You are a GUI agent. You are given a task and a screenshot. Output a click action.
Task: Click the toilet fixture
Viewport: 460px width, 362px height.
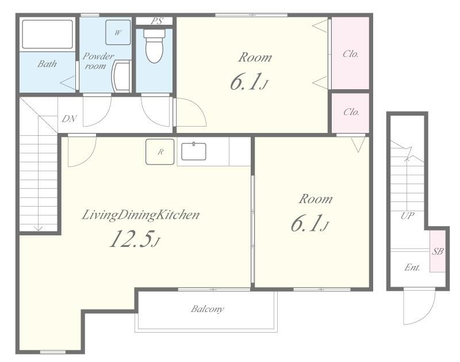pos(154,45)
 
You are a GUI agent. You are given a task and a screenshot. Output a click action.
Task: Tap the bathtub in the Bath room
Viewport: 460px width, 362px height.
pos(47,34)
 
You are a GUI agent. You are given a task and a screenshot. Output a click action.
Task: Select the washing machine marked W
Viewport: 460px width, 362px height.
pos(118,32)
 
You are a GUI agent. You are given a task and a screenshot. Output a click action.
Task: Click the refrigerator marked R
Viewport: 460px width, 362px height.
pos(160,151)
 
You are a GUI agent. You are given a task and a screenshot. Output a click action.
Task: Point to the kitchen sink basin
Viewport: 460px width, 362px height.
pos(194,151)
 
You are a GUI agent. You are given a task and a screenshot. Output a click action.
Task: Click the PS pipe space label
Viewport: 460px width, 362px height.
pos(157,21)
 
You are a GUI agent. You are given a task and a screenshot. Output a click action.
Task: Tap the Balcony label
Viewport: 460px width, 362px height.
pos(207,309)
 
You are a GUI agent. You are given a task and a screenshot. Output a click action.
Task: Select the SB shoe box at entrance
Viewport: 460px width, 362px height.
pos(438,252)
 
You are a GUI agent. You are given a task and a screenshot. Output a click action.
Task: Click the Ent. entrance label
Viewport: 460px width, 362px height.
pos(412,267)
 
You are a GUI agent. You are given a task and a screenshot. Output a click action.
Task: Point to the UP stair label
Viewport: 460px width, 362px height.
pos(408,216)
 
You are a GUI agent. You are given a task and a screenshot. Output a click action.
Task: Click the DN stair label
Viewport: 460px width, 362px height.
pos(69,119)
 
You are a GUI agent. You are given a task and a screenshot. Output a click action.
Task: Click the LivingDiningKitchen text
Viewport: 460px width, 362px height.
pos(140,215)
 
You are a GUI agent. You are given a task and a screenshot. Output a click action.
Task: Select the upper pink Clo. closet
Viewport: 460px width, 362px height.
pos(350,53)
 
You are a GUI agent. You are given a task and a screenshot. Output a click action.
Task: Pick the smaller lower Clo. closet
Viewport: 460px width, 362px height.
pos(350,113)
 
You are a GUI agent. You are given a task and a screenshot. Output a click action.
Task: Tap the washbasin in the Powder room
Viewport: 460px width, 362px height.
pos(121,77)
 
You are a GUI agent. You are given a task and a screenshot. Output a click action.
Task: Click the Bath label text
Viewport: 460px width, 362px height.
pos(47,64)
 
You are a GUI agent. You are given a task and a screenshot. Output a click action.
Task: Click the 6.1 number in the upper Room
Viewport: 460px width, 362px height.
pos(246,82)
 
